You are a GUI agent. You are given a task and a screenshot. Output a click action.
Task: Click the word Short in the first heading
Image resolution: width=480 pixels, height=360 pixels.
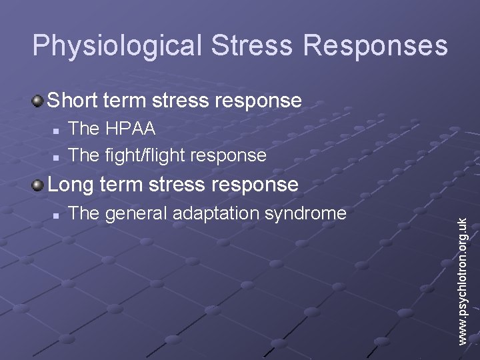click(x=72, y=101)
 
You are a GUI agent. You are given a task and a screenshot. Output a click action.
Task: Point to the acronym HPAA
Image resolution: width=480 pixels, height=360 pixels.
click(x=131, y=127)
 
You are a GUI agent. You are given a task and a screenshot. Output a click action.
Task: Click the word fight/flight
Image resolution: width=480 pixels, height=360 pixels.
click(x=145, y=155)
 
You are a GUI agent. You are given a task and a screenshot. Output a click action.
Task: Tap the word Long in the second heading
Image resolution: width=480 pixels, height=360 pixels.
click(x=71, y=184)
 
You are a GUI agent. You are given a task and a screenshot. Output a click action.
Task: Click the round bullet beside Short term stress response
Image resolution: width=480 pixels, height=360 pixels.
click(x=38, y=101)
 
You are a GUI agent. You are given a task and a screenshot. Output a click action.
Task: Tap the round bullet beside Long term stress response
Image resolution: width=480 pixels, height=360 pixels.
click(x=38, y=185)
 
